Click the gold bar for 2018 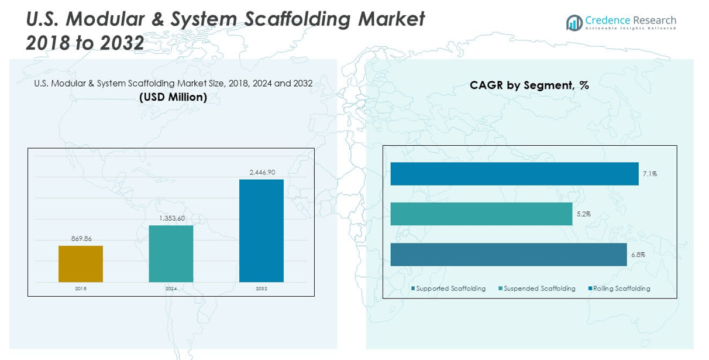click(81, 264)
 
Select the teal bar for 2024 click(171, 253)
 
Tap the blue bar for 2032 click(261, 231)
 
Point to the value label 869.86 click(81, 239)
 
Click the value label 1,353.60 click(171, 218)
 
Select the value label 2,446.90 click(261, 172)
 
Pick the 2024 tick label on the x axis click(171, 289)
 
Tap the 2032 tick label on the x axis click(261, 289)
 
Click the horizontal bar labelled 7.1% click(514, 174)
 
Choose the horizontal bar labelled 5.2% click(481, 214)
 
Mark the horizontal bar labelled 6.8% click(508, 255)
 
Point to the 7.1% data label click(650, 174)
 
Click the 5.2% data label click(583, 214)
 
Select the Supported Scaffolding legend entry click(449, 289)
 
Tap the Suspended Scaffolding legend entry click(537, 289)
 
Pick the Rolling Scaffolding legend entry click(619, 289)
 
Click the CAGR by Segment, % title click(529, 85)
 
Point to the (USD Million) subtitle click(173, 97)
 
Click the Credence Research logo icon click(574, 23)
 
